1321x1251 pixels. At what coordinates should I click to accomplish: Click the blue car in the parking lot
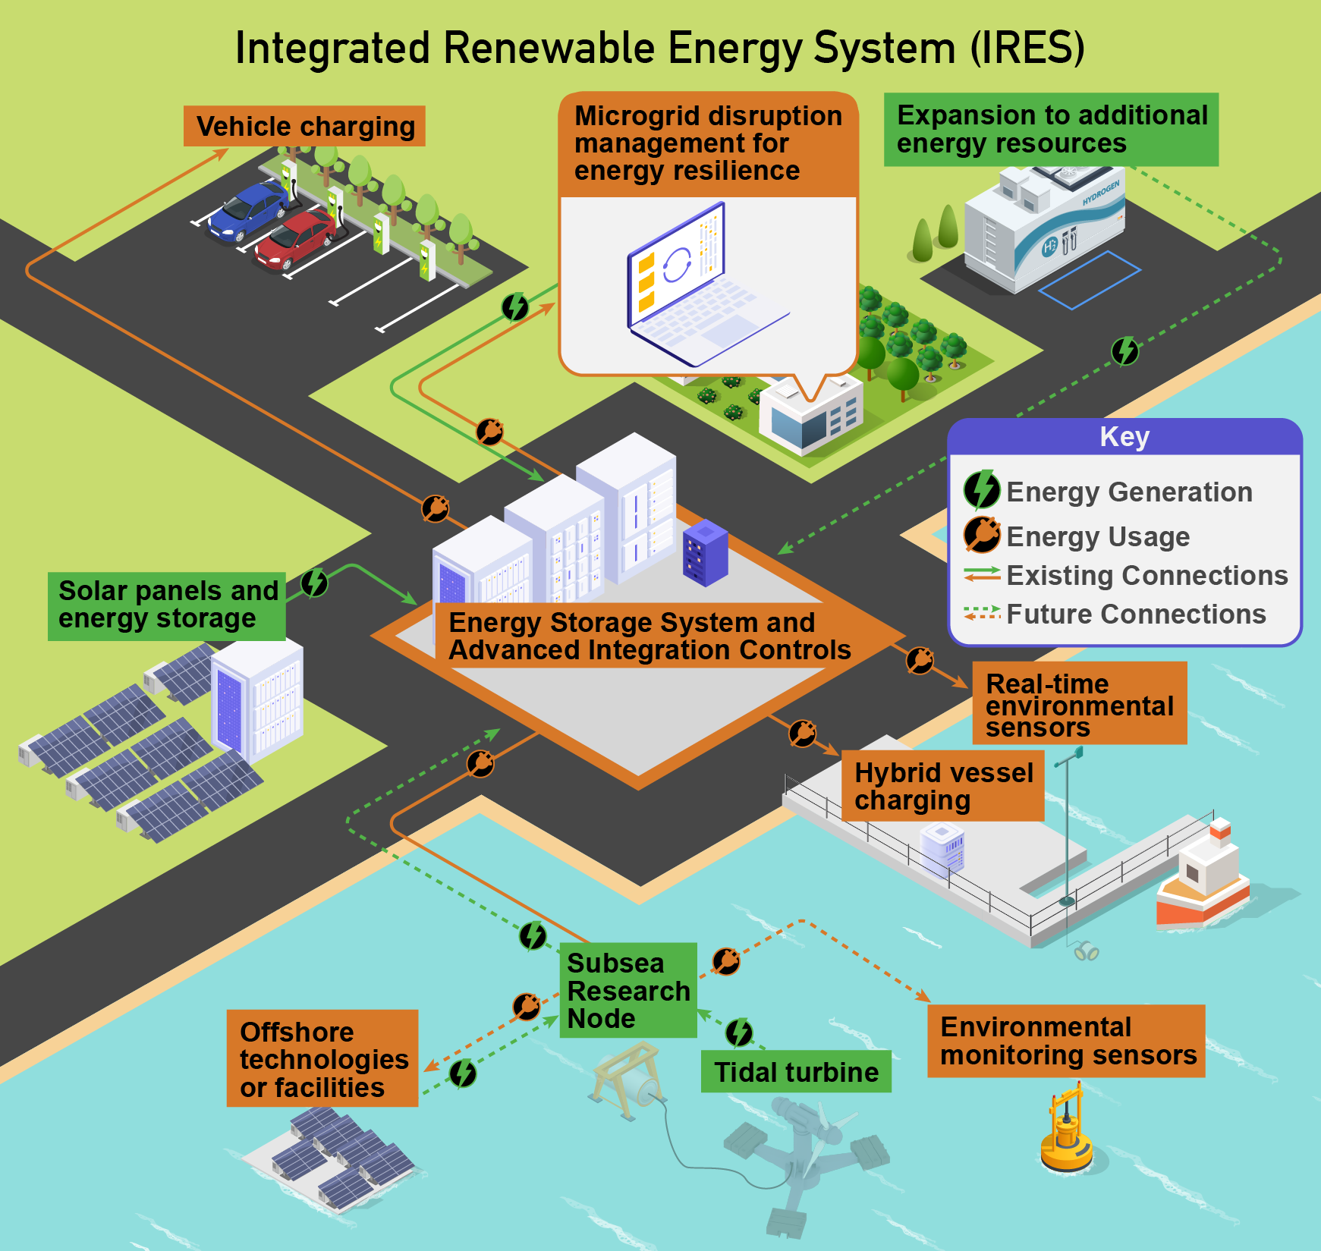pyautogui.click(x=247, y=211)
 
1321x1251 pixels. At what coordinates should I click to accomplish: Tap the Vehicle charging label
pyautogui.click(x=304, y=126)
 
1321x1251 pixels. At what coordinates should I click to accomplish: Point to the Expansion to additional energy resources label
pyautogui.click(x=1051, y=129)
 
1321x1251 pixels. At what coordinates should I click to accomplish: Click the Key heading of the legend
pyautogui.click(x=1124, y=437)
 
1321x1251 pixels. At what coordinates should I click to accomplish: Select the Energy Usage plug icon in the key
pyautogui.click(x=982, y=535)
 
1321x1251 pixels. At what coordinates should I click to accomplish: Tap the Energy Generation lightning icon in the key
pyautogui.click(x=982, y=490)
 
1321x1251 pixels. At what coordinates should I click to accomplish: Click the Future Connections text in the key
pyautogui.click(x=1136, y=614)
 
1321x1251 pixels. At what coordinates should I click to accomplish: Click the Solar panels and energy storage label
pyautogui.click(x=167, y=605)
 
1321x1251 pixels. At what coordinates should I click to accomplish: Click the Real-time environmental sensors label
pyautogui.click(x=1079, y=704)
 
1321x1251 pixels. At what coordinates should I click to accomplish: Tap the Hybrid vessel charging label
pyautogui.click(x=943, y=786)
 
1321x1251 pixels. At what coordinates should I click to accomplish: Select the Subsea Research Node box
pyautogui.click(x=627, y=990)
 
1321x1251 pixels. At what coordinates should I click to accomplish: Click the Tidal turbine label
pyautogui.click(x=796, y=1072)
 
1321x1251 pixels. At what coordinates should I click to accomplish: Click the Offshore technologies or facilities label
pyautogui.click(x=322, y=1058)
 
